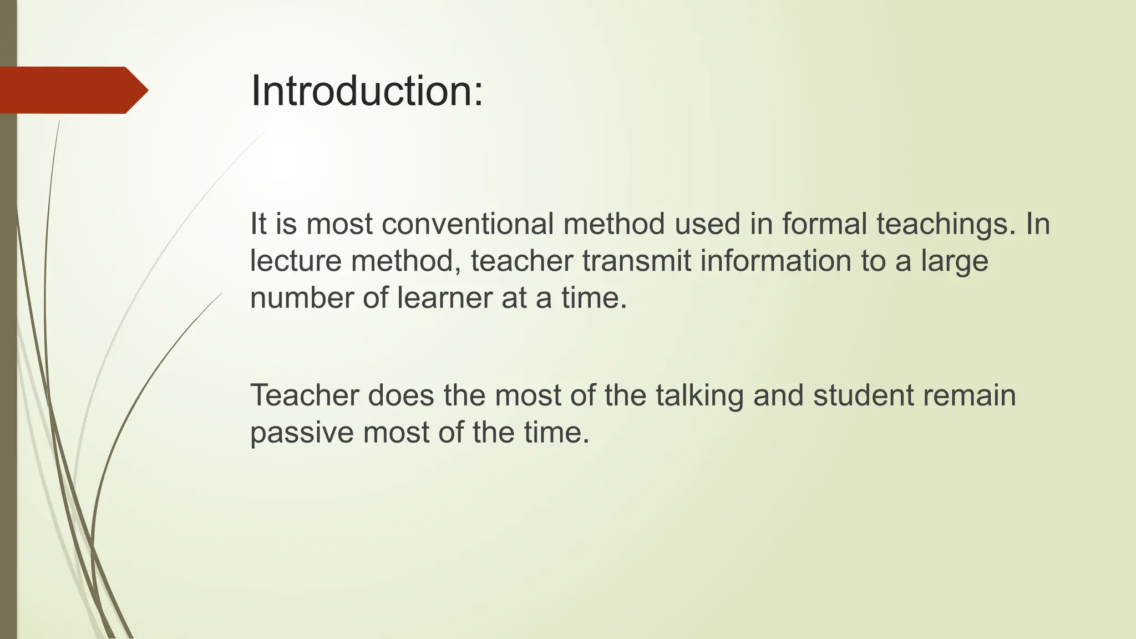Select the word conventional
pos(468,224)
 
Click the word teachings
pos(946,225)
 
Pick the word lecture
pos(295,261)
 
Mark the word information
pos(775,261)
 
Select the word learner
pos(444,298)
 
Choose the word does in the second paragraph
pos(400,395)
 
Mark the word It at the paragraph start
pos(258,224)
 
